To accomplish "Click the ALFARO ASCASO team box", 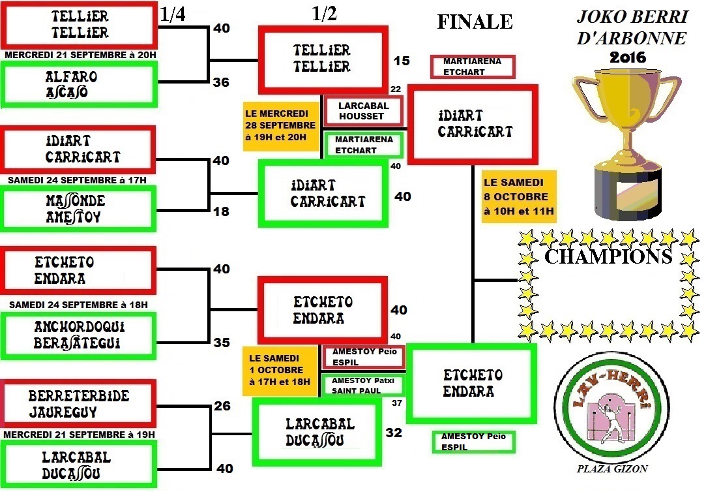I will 79,84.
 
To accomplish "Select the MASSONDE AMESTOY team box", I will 79,209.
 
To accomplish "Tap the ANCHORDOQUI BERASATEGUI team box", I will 79,335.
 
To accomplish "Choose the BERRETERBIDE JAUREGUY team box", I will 79,404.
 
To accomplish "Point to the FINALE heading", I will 475,22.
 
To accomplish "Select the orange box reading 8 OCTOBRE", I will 519,196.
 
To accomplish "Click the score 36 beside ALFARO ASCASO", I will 222,83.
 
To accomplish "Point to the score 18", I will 222,211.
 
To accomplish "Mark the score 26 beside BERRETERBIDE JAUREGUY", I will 222,406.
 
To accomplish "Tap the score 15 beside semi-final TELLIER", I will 402,61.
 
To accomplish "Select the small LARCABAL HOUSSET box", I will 363,111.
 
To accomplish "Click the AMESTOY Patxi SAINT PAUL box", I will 363,385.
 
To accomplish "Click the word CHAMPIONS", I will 608,256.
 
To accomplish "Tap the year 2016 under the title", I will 628,57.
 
